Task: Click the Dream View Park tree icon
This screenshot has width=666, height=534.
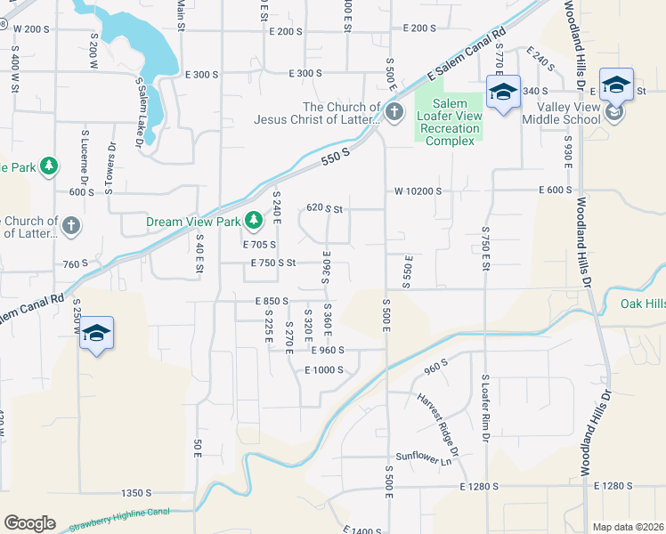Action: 254,219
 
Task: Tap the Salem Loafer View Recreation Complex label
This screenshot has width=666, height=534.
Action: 450,129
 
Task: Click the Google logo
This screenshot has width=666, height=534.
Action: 28,523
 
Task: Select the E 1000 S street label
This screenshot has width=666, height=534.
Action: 323,370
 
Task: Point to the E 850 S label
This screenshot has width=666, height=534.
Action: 271,301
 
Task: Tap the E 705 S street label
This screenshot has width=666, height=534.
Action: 259,244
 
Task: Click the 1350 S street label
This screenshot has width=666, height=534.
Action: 136,492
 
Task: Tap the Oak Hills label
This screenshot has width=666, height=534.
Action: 642,304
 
